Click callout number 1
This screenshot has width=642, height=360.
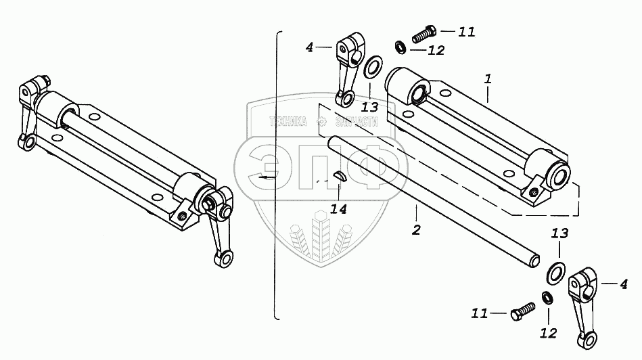[487, 80]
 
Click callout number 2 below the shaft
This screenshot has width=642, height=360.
[415, 230]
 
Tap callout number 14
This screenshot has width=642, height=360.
[339, 209]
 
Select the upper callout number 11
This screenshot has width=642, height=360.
[466, 32]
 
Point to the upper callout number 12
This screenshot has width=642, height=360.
[436, 49]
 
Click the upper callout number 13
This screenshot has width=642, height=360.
[369, 106]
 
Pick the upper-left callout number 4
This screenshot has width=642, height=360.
[309, 47]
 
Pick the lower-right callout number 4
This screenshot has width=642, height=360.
[624, 285]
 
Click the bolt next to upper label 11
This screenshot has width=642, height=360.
[422, 32]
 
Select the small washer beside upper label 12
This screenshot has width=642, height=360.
[400, 47]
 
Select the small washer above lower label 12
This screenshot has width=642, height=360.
[545, 296]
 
